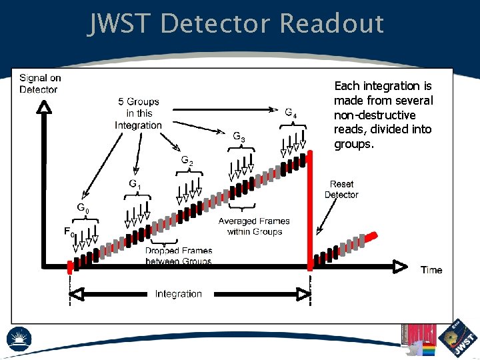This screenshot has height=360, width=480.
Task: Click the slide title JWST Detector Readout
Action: pyautogui.click(x=237, y=23)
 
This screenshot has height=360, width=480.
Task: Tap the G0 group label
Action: pyautogui.click(x=82, y=209)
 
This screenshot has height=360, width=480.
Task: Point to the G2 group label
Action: pyautogui.click(x=187, y=161)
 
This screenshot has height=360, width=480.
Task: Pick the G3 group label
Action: pyautogui.click(x=239, y=137)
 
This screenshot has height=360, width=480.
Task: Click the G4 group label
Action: pyautogui.click(x=291, y=113)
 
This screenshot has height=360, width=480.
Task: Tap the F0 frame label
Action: pyautogui.click(x=69, y=233)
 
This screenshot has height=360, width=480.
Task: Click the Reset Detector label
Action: pyautogui.click(x=341, y=189)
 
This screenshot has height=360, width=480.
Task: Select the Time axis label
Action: pyautogui.click(x=431, y=270)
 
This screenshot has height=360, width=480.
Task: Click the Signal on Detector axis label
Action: pyautogui.click(x=39, y=83)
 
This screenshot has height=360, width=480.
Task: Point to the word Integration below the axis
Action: pyautogui.click(x=178, y=294)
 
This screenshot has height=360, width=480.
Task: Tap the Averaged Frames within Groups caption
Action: pyautogui.click(x=255, y=227)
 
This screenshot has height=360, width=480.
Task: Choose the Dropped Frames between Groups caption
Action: pyautogui.click(x=179, y=256)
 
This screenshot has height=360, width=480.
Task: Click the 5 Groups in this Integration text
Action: pyautogui.click(x=139, y=113)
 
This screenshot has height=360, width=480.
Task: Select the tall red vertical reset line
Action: pyautogui.click(x=310, y=213)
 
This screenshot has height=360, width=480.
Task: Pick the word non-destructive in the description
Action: pyautogui.click(x=374, y=115)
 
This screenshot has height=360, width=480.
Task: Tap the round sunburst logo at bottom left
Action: pyautogui.click(x=19, y=339)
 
